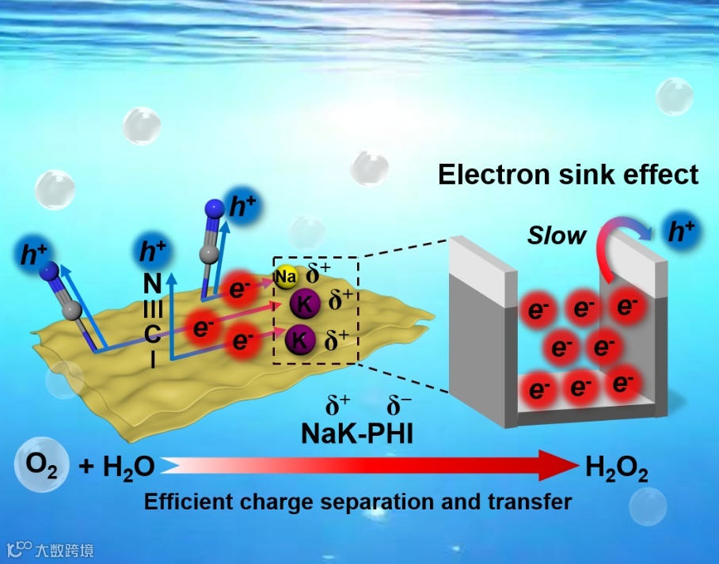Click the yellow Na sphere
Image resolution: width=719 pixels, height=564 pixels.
tap(286, 277)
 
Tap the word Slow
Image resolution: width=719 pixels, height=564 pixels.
tap(557, 235)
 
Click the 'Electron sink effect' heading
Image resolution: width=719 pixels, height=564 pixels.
tap(569, 174)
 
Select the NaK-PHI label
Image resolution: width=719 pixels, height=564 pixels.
tap(357, 433)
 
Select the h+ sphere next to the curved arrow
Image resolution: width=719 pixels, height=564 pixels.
tap(682, 232)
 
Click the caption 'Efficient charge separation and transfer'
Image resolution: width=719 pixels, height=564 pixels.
tap(357, 502)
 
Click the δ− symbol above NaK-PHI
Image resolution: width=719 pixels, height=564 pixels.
tap(398, 407)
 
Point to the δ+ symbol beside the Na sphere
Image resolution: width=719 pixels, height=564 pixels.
tap(319, 274)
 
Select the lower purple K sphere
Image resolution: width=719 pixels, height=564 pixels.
tap(300, 340)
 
